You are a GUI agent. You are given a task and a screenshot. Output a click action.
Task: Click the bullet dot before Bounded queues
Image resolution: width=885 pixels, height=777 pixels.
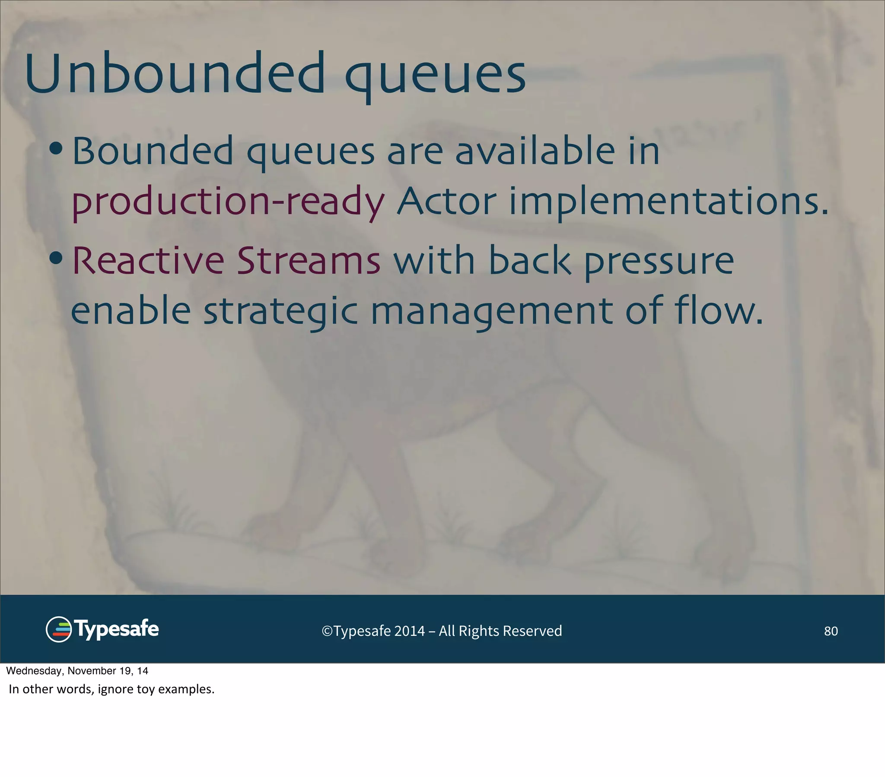pos(56,149)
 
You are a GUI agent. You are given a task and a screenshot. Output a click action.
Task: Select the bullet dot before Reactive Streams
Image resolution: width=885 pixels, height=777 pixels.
pos(56,259)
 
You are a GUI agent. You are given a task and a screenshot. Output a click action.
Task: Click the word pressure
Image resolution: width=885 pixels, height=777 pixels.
pos(659,262)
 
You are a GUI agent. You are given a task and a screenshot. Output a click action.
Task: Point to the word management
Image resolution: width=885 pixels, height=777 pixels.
pos(491,313)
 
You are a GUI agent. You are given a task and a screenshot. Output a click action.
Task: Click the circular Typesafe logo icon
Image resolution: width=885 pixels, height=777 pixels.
pos(58,629)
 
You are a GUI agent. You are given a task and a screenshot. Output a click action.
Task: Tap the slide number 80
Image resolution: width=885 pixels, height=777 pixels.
pos(831,631)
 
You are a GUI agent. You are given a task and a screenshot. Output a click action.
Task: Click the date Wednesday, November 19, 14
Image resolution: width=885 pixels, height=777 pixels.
pos(77,670)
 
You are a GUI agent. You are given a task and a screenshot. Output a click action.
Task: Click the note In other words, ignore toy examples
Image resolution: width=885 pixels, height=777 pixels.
pos(112,689)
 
